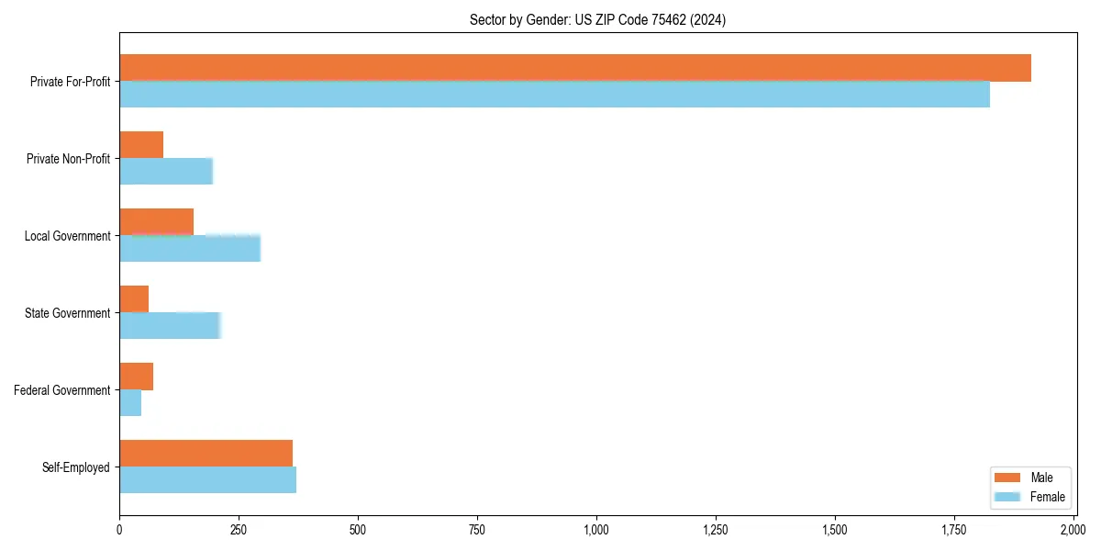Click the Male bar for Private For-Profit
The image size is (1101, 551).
click(575, 68)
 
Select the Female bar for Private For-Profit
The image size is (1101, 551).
click(554, 95)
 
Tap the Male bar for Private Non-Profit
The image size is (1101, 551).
click(141, 145)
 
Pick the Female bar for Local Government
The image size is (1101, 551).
click(190, 249)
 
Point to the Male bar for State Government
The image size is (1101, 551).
click(134, 299)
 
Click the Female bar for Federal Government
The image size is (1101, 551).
click(130, 403)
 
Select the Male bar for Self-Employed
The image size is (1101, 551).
click(206, 454)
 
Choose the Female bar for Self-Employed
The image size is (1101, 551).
click(207, 480)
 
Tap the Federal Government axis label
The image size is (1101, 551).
click(62, 390)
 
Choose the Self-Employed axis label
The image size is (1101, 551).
click(76, 467)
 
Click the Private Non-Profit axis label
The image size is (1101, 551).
click(68, 159)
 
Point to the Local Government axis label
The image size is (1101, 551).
click(67, 236)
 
